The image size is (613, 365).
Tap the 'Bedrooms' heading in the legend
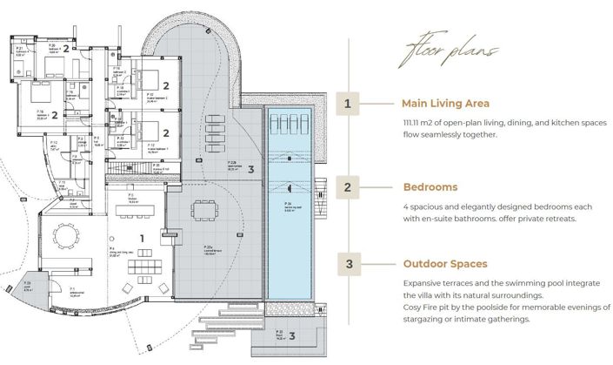tap(430, 186)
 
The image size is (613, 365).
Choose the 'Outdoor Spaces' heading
tap(445, 263)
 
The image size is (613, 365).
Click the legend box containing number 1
tap(348, 104)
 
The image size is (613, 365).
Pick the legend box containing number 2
tap(348, 186)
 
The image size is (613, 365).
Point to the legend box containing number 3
tap(348, 263)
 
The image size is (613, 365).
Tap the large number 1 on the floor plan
tap(141, 238)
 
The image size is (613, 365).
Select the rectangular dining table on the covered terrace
tap(206, 210)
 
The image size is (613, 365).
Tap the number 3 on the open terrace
tap(250, 169)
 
